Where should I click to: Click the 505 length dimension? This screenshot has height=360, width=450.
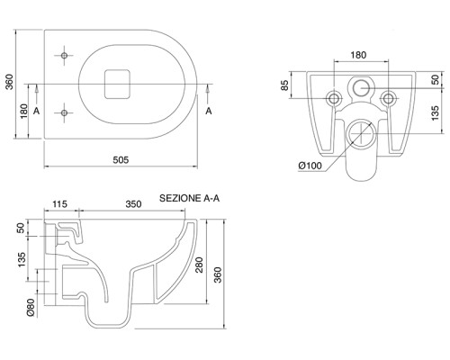coord(121,159)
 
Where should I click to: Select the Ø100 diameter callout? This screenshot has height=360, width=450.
coord(310,166)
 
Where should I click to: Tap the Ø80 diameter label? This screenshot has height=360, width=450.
coord(31,307)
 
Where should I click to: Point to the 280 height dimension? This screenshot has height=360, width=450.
coord(200,265)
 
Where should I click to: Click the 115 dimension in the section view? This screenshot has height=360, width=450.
coord(59,204)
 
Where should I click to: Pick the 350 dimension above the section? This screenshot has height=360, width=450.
coord(133,204)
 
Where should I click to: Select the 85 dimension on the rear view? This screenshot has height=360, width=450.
coord(285,85)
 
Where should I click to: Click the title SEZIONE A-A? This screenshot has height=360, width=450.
coord(189,198)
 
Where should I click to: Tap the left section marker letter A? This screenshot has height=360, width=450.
coord(36,111)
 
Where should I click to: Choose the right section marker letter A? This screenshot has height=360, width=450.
coord(209,111)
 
